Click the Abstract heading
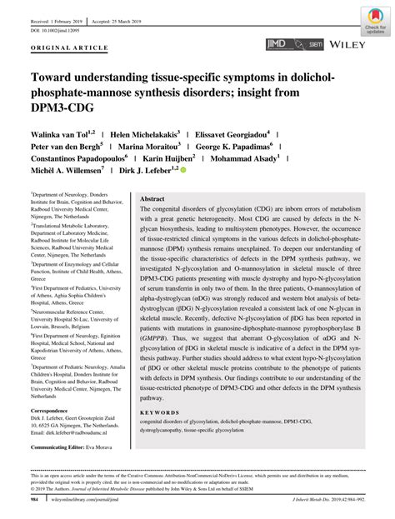(x=152, y=200)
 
